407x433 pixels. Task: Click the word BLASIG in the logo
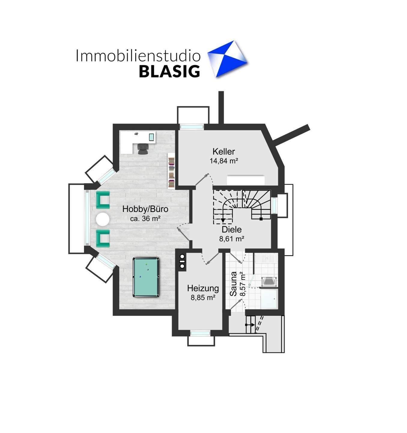169,71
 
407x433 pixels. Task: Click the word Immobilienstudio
138,56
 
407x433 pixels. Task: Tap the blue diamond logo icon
227,59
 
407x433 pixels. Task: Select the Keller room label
224,152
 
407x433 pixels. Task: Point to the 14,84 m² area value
224,161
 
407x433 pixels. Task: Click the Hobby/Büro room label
145,209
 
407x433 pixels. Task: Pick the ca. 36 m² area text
145,219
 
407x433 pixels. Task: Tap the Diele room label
232,230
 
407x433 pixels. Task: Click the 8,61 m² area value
232,239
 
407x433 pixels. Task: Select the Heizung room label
203,288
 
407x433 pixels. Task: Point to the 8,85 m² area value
203,298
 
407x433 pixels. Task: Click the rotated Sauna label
233,284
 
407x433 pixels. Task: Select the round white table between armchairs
102,219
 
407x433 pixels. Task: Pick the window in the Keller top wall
191,127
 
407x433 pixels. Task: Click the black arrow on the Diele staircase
223,220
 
